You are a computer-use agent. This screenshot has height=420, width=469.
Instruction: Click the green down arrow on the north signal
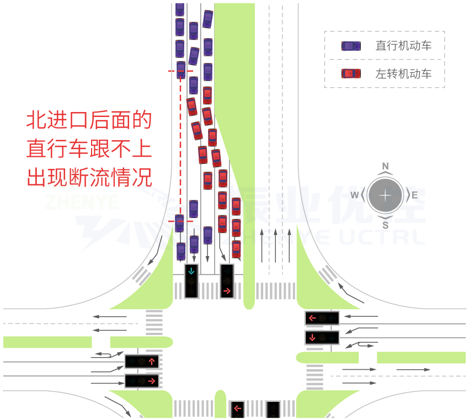191,270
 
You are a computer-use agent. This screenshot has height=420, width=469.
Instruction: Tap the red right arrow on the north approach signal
227,290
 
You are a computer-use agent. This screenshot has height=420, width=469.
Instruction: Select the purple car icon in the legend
351,46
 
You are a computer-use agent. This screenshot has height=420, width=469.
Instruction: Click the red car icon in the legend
351,73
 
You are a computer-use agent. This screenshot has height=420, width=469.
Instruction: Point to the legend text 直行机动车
403,46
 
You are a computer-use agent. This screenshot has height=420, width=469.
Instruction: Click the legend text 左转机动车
403,73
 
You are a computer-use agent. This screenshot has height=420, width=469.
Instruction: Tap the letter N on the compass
386,166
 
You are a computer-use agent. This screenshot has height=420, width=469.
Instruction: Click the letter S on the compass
386,225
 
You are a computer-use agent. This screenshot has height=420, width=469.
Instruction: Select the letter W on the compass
355,195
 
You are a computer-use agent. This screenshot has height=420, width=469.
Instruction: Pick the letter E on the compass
415,195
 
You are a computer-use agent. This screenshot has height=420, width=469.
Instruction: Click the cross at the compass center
386,195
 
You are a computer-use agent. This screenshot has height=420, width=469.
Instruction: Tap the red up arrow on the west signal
153,361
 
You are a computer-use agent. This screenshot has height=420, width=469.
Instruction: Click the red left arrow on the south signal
238,409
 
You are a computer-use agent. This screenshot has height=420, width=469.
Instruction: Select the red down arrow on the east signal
313,337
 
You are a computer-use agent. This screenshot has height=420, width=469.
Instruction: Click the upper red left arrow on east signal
313,318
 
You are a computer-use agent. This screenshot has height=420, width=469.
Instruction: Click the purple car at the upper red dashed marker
180,70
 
